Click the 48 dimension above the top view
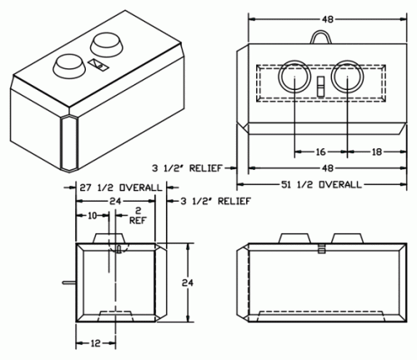click(328, 19)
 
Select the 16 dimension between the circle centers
click(320, 152)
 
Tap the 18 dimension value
click(377, 152)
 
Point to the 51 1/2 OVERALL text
click(321, 184)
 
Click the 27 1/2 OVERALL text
click(121, 187)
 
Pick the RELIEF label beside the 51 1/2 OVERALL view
click(206, 168)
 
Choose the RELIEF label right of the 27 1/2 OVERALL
click(234, 201)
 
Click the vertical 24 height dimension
click(188, 282)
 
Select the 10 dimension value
click(92, 215)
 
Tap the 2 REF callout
click(138, 215)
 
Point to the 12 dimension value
click(95, 343)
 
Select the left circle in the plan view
click(279, 77)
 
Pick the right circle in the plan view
click(331, 77)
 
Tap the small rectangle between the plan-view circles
click(321, 87)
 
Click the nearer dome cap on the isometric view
click(68, 65)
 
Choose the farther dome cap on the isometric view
click(107, 44)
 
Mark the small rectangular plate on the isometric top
click(98, 65)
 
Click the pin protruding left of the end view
click(69, 282)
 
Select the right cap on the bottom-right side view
click(348, 238)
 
